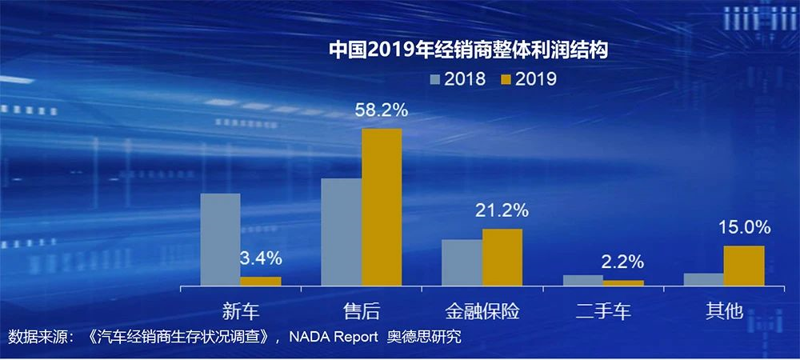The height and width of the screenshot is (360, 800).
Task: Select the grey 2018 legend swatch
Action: [x=436, y=78]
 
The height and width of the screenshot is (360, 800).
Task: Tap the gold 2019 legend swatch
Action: [x=506, y=78]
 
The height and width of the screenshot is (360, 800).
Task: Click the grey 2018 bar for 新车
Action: [x=220, y=239]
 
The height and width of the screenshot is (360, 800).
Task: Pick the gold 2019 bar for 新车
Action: [x=261, y=281]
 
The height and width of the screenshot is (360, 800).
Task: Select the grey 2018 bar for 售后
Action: [x=342, y=231]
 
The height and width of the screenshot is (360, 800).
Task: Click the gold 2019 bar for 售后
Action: [x=382, y=206]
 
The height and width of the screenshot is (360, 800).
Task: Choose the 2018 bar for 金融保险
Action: [x=462, y=262]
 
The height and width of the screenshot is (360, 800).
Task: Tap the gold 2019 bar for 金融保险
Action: [x=502, y=257]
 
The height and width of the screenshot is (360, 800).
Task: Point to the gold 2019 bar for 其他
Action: [x=744, y=265]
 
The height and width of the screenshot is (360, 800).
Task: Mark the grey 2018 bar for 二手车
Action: [x=583, y=280]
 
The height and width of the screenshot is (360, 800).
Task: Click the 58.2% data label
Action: [x=382, y=110]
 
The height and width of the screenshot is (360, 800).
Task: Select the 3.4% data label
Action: [x=261, y=258]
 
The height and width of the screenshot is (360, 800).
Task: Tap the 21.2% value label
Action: [x=502, y=210]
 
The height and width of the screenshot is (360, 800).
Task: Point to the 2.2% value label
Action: [x=623, y=262]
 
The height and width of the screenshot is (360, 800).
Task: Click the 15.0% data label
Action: [x=744, y=227]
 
